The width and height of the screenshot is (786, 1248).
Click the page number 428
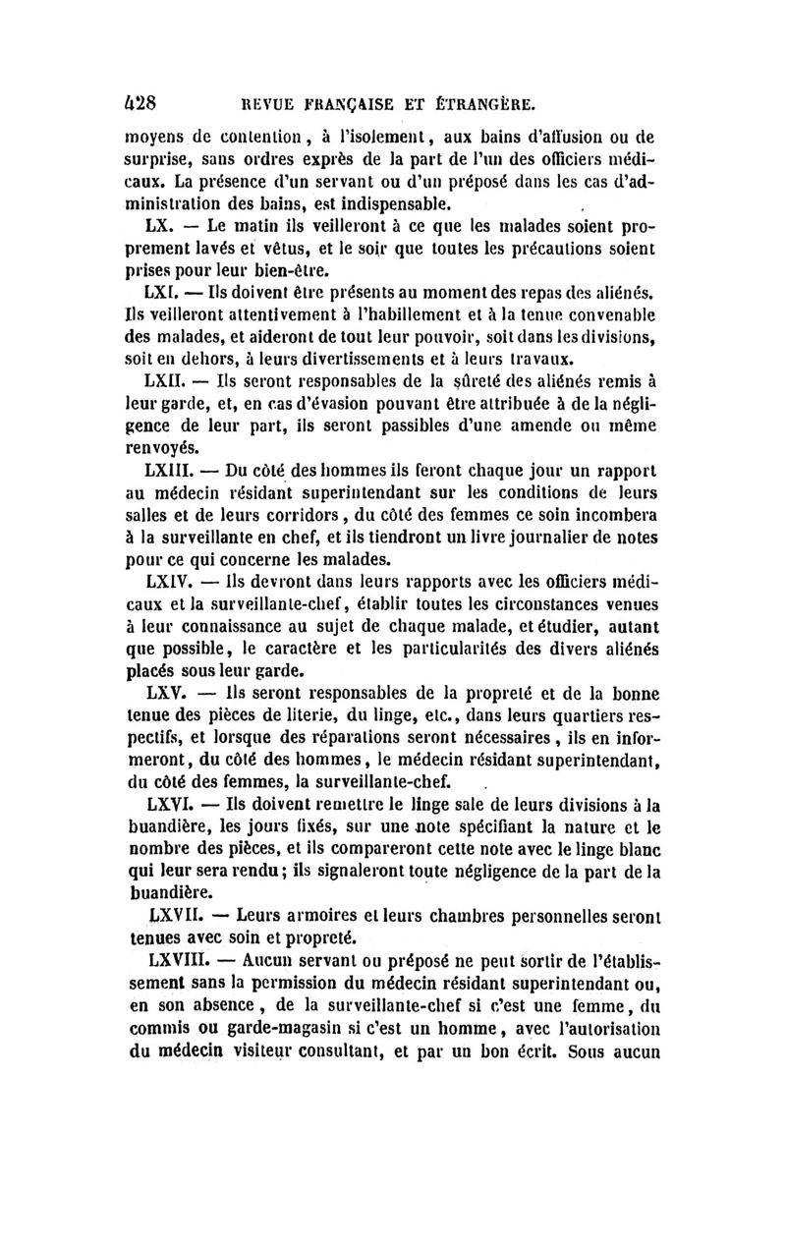pyautogui.click(x=142, y=100)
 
